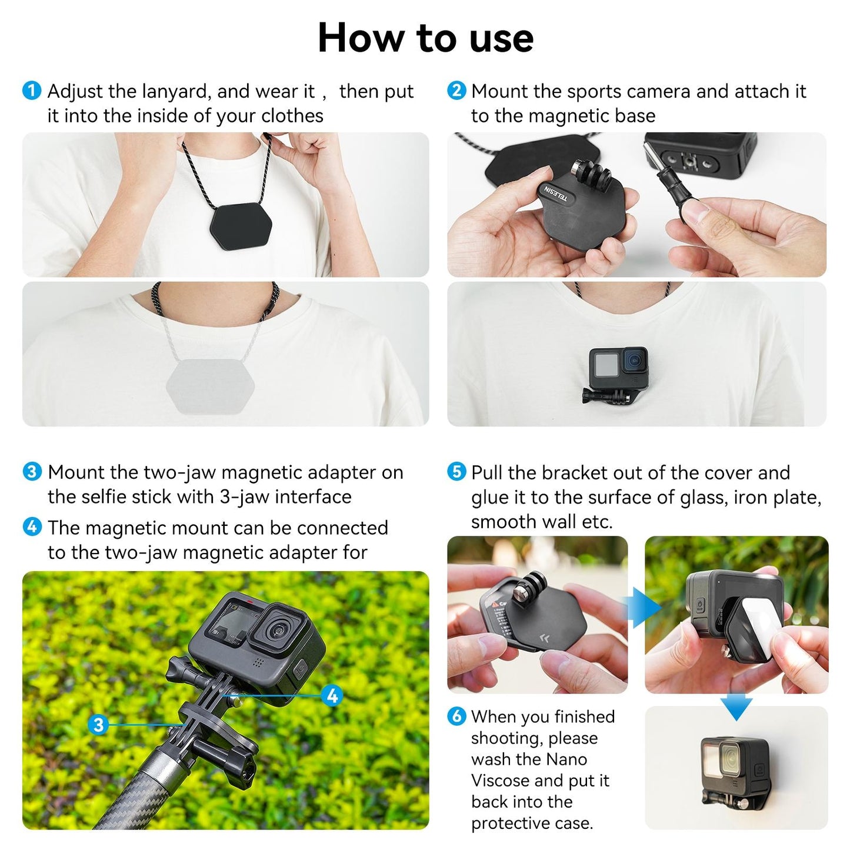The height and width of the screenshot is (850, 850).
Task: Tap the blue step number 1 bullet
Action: point(32,91)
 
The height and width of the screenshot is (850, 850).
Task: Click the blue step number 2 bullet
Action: point(456,91)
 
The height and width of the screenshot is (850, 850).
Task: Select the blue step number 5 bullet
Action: point(456,472)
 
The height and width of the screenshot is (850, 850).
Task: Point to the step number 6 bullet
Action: point(456,716)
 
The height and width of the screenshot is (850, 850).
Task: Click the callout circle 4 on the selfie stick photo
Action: point(332,696)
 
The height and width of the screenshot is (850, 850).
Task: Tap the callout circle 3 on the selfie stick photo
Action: point(99,724)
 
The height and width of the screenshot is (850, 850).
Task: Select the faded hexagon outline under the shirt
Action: point(210,385)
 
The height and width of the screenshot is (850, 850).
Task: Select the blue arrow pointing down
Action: point(736,705)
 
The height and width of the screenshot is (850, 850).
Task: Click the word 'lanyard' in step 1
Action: point(176,91)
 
